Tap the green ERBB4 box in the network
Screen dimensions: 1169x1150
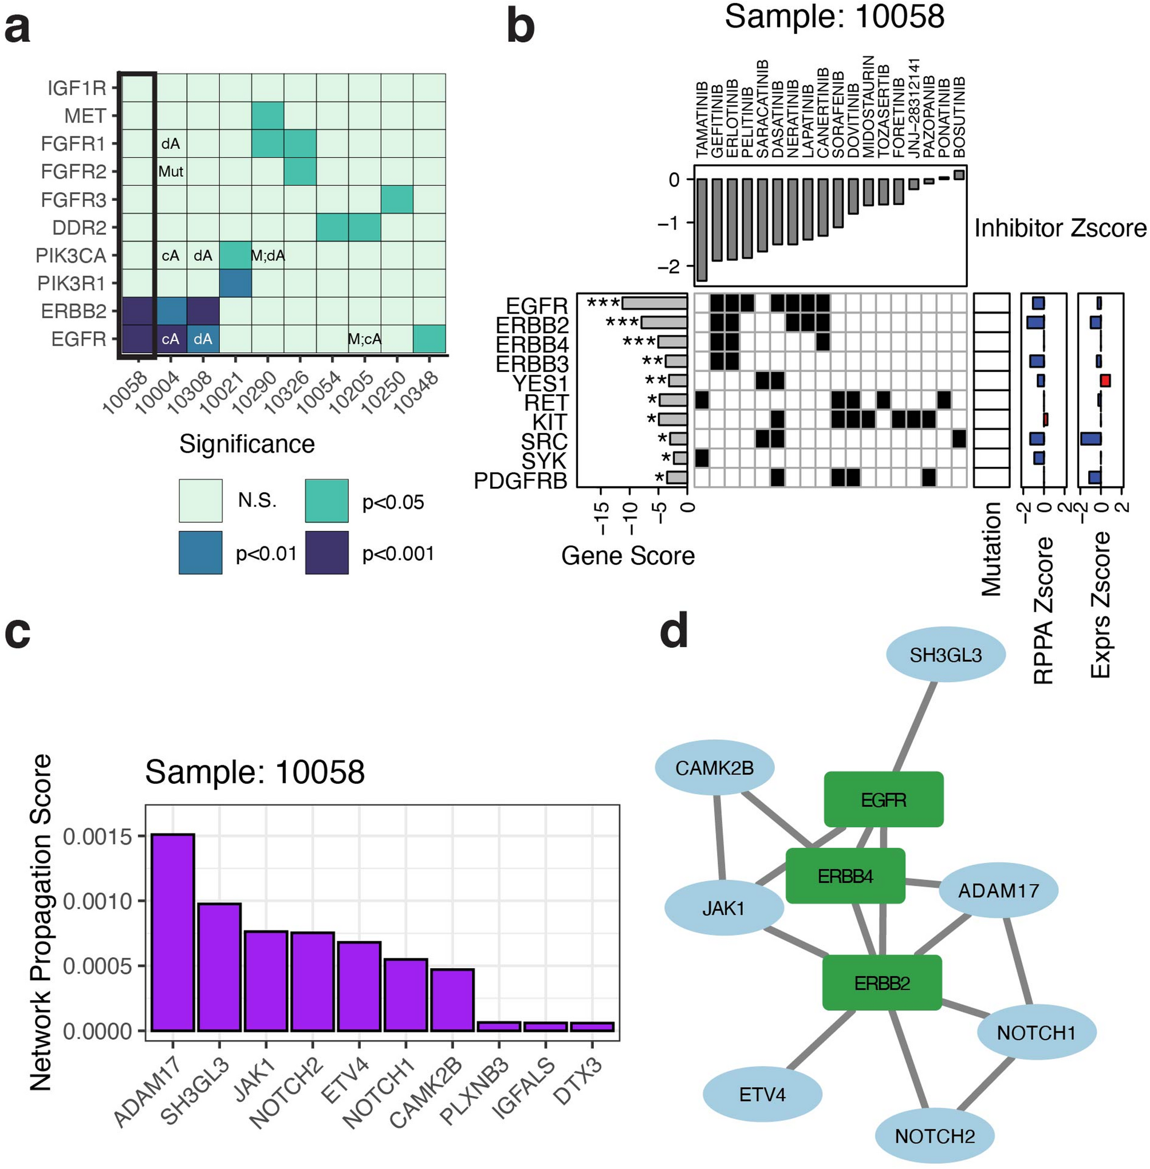point(845,875)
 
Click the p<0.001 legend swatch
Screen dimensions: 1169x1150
point(327,552)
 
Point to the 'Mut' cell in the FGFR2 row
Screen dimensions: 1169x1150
point(171,172)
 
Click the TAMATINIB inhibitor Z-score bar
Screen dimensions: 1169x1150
point(702,229)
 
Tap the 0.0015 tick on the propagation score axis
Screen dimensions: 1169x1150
point(97,837)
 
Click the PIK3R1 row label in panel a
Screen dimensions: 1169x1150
point(71,283)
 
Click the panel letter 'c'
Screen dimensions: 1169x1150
point(18,633)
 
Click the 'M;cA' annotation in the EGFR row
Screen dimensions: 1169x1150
point(364,339)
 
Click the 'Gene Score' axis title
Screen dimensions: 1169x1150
point(628,556)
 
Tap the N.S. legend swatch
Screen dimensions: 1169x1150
point(200,500)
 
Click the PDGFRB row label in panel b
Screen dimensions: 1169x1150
point(521,481)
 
